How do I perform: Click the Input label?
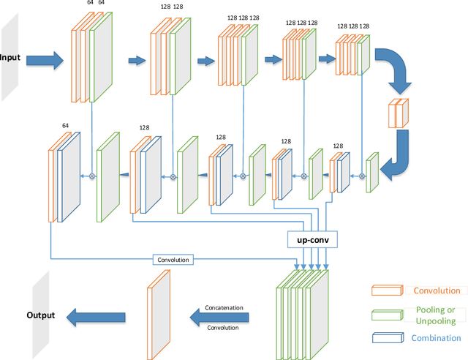[10, 59]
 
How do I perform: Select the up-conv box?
[312, 239]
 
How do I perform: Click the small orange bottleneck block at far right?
[399, 113]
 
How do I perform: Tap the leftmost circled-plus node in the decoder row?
[92, 176]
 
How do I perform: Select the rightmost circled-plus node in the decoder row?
[361, 176]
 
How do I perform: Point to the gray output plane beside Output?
[40, 307]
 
